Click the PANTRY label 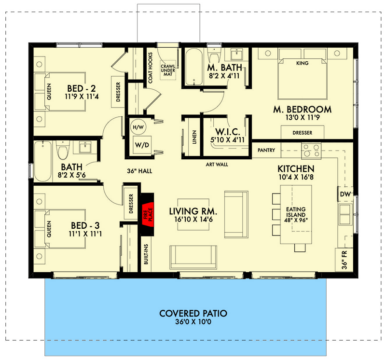[266, 151]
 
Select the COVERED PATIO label [193, 313]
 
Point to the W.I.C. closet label [225, 132]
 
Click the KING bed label [302, 63]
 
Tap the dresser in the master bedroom [302, 133]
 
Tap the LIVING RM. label [193, 211]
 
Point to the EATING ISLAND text [295, 213]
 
